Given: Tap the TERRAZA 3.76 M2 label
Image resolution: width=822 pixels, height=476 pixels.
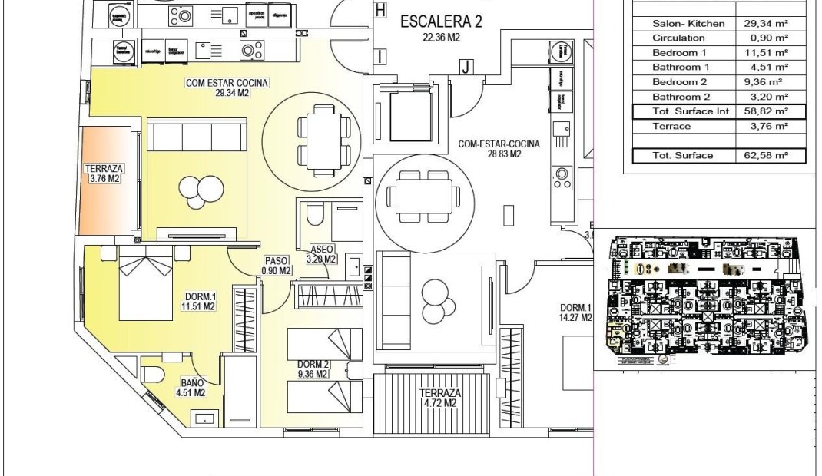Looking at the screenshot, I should click(x=104, y=174).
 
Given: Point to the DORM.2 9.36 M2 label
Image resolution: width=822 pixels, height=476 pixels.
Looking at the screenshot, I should click(x=313, y=369).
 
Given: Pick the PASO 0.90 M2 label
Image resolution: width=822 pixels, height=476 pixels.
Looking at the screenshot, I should click(x=276, y=265).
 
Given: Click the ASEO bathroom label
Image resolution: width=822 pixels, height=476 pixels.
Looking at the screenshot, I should click(x=322, y=254).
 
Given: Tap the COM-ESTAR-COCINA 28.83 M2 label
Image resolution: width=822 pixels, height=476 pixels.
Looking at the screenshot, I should click(x=499, y=149).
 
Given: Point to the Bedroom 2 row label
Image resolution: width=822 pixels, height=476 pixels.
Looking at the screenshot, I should click(x=679, y=82).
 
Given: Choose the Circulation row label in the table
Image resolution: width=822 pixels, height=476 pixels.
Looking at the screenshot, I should click(x=678, y=38).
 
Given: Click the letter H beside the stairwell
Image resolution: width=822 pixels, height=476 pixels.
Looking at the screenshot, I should click(x=380, y=9).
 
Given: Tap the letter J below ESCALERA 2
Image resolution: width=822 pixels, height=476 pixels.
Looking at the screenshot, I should click(x=466, y=67).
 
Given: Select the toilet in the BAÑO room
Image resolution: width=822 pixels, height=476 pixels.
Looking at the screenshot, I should click(x=154, y=374).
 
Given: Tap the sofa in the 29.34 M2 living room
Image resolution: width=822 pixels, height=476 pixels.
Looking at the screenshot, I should click(x=197, y=135).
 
